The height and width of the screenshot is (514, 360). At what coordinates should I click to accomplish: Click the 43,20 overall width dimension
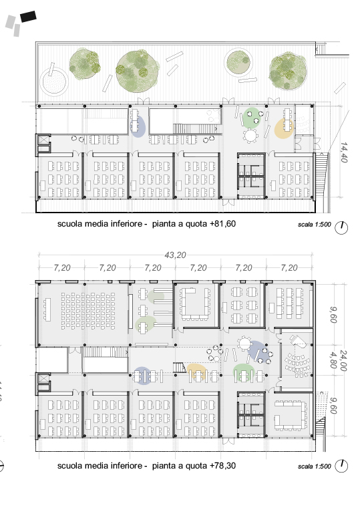click(x=175, y=255)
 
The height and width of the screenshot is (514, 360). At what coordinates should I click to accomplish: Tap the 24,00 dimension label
click(x=343, y=360)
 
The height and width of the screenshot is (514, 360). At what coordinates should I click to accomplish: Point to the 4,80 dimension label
click(x=333, y=360)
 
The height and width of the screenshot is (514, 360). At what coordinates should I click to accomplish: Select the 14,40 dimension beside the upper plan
click(x=344, y=152)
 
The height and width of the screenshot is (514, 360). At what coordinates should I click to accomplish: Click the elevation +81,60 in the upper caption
click(x=222, y=224)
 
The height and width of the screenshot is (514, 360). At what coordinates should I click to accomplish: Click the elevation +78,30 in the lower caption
click(x=222, y=466)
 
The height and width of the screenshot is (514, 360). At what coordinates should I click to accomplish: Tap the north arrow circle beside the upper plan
click(x=341, y=227)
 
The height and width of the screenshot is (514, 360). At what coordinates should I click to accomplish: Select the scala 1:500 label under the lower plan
click(x=315, y=466)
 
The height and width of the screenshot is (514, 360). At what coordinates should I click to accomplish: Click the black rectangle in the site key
click(x=28, y=17)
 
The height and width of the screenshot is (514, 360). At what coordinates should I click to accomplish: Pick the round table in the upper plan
click(x=251, y=136)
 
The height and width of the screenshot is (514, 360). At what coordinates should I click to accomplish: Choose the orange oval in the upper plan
click(x=284, y=128)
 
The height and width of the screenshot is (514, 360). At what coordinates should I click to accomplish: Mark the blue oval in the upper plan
click(x=138, y=126)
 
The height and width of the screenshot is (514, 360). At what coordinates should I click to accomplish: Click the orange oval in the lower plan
click(x=196, y=372)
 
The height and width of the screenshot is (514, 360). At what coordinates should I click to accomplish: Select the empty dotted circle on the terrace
click(x=54, y=82)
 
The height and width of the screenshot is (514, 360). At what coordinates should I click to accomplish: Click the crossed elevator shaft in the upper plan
click(x=43, y=140)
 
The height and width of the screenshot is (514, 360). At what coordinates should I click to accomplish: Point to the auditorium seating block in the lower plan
click(x=88, y=311)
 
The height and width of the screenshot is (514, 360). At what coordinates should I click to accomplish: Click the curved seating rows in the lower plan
click(x=297, y=362)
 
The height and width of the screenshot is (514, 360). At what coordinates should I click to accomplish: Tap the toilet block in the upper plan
click(x=251, y=175)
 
